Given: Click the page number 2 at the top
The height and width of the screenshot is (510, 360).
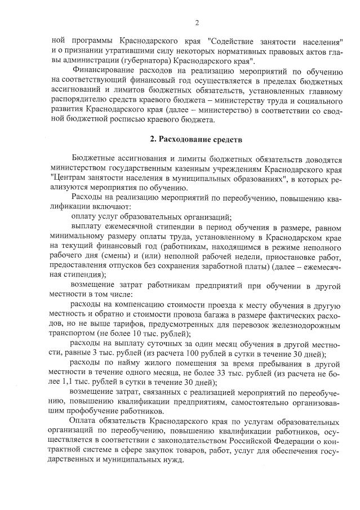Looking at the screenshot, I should pos(197,23).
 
